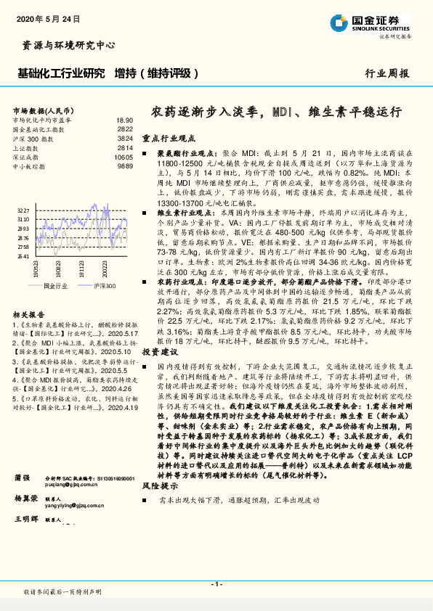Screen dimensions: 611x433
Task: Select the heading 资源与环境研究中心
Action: click(65, 45)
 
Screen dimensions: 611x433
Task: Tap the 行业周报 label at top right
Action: click(387, 73)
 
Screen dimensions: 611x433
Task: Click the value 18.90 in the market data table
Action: click(124, 120)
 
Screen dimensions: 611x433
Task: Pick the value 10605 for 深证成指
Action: click(124, 157)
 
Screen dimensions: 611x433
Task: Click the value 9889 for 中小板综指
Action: click(125, 165)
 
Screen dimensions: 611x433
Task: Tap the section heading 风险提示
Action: click(159, 484)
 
